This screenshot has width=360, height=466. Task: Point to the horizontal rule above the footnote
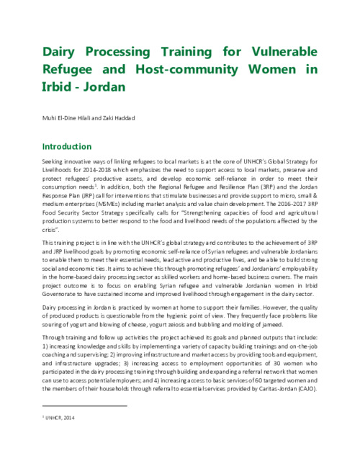click(84, 406)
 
